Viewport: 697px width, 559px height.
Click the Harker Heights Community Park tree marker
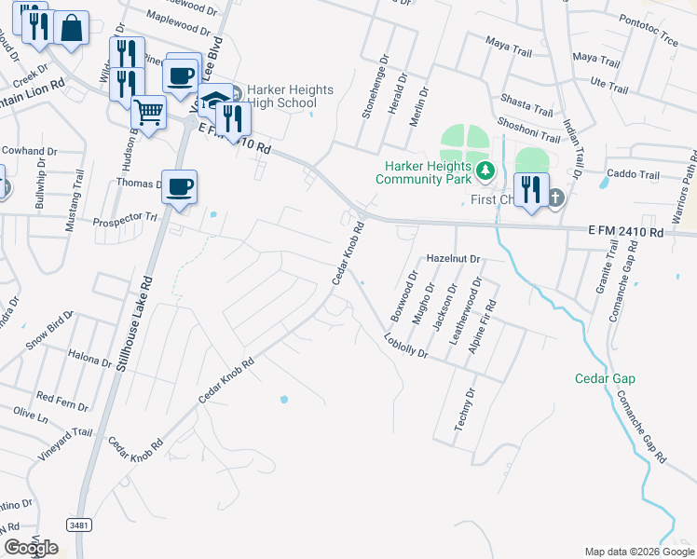coord(485,170)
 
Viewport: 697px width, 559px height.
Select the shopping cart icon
coord(148,112)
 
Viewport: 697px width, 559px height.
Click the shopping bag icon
coord(72,28)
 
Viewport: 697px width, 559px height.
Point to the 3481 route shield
coord(79,525)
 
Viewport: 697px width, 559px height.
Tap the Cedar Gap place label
coord(605,378)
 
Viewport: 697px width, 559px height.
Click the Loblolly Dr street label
coord(405,347)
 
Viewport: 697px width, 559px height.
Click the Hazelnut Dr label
coord(452,258)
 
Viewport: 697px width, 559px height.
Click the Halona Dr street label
coord(90,355)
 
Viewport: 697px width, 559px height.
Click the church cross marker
coord(555,197)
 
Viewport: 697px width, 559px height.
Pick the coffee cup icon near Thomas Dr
coord(180,186)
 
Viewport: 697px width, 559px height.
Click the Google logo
coord(31,548)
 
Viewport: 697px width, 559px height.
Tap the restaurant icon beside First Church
coord(530,189)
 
